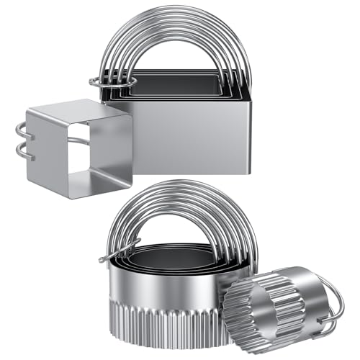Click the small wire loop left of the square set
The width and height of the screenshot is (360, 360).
tap(100, 81)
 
